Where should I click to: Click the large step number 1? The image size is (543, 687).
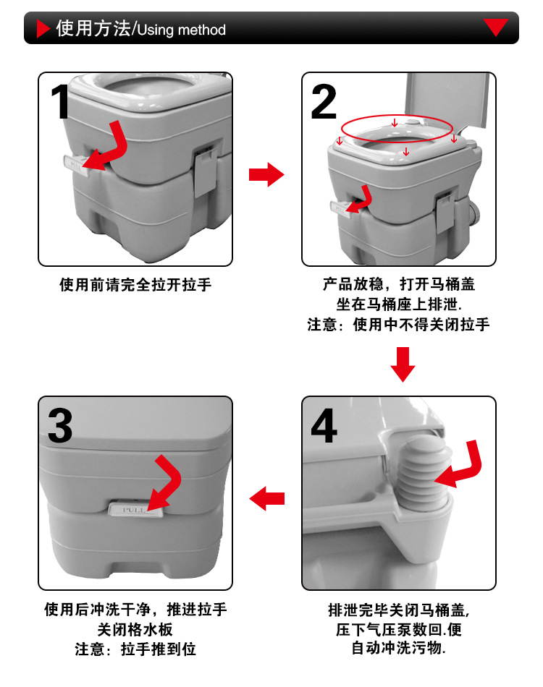[62, 102]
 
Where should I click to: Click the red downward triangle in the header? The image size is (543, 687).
[496, 27]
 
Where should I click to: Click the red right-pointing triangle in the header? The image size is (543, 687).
[43, 29]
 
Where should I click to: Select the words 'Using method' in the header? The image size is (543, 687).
[181, 30]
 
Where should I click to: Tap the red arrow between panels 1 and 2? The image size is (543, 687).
[266, 174]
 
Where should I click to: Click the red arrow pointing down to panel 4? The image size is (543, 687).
[403, 364]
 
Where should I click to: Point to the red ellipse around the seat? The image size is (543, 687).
[398, 129]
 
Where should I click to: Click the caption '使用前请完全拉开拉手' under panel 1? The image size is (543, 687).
[135, 285]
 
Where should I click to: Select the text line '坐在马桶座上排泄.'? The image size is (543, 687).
[399, 304]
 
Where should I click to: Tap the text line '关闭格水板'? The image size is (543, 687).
[135, 629]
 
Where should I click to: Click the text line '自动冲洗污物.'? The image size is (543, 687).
[399, 648]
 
